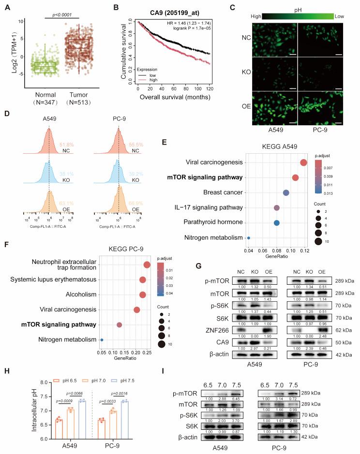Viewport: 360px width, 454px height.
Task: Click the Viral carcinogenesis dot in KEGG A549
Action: point(303,162)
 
